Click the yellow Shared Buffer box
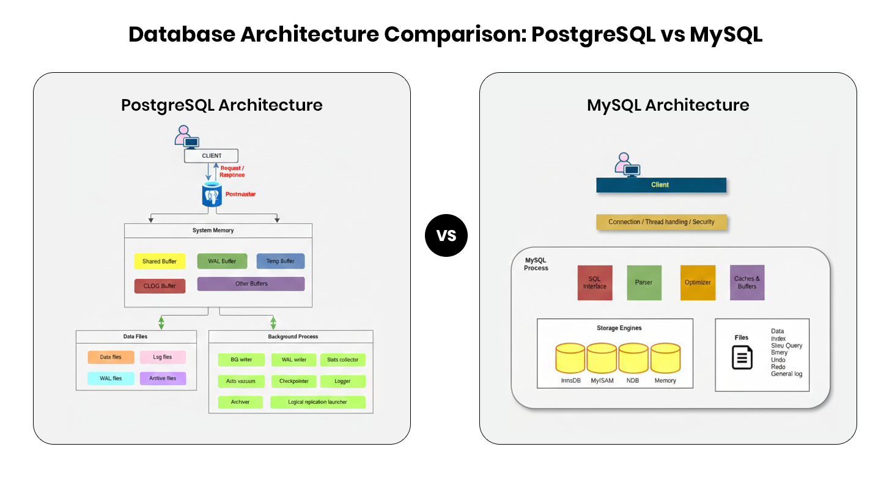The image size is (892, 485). (160, 261)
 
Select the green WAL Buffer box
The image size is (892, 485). (222, 261)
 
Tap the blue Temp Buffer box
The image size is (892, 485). (281, 261)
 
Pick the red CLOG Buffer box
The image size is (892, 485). (160, 286)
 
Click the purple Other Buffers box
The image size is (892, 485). (251, 284)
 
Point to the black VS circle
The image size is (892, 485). (446, 235)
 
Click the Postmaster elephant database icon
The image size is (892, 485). (212, 194)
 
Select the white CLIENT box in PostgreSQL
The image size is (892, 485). (212, 155)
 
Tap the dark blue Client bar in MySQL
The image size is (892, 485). (661, 185)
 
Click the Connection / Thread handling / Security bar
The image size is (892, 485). (662, 222)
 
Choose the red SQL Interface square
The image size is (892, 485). (595, 283)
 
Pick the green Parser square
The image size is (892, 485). (644, 283)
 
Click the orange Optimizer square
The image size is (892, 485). (698, 283)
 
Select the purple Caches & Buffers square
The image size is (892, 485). (747, 283)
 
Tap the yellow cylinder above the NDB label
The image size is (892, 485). (633, 358)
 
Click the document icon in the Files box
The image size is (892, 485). (742, 357)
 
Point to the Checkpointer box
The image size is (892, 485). (294, 381)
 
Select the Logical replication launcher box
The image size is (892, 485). (318, 402)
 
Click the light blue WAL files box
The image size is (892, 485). (111, 379)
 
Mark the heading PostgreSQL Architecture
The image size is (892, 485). (221, 105)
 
